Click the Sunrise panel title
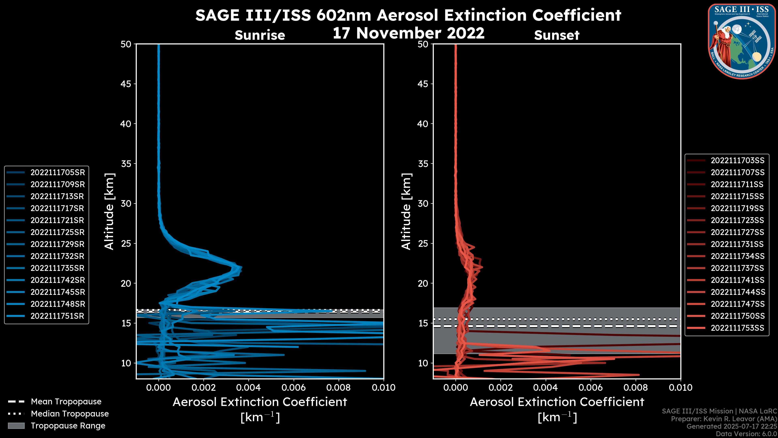tap(260, 35)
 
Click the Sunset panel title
tap(557, 35)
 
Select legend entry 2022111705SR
tap(57, 172)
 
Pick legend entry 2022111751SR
tap(57, 316)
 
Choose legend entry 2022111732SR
tap(57, 256)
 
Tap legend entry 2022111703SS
tap(737, 160)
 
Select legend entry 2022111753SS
tap(737, 328)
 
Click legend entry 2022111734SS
tap(737, 256)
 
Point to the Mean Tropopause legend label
tap(66, 401)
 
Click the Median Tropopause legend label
tap(70, 413)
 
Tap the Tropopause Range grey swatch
tap(16, 426)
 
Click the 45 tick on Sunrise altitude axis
tap(126, 84)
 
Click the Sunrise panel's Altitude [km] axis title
tap(109, 211)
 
